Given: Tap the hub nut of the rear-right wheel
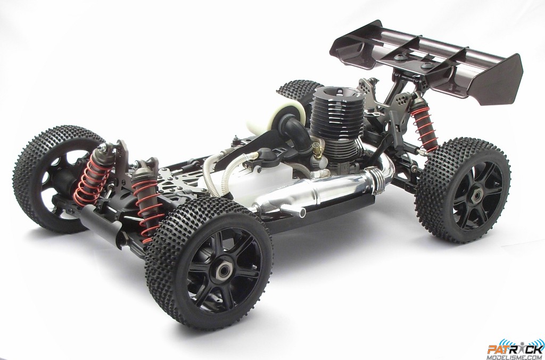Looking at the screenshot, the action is tap(476, 196).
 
